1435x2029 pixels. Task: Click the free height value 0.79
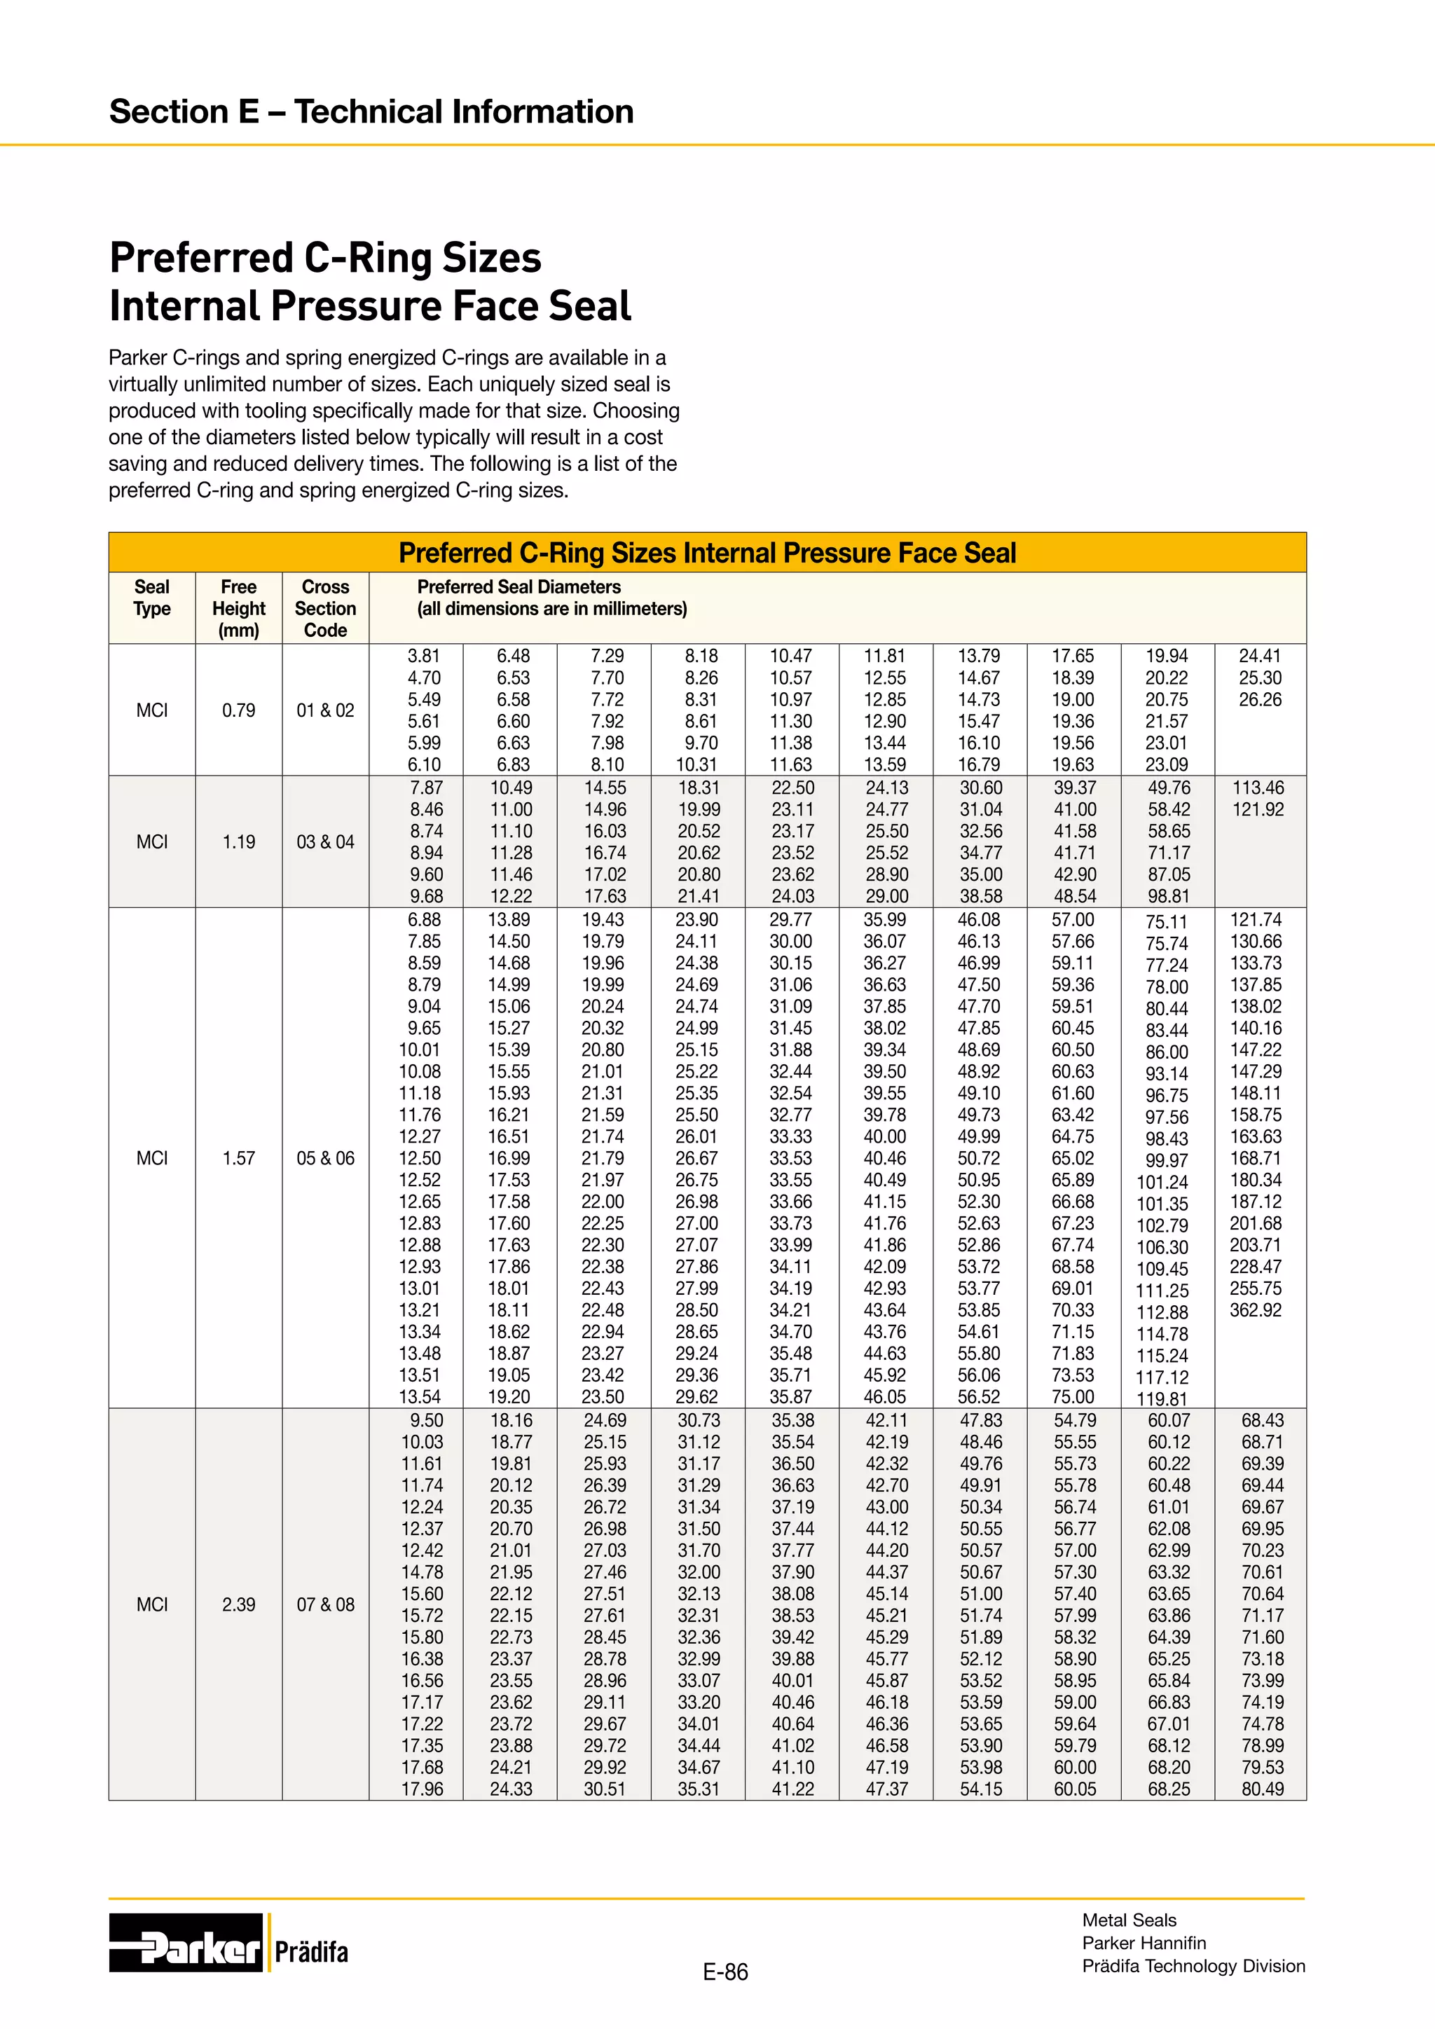point(238,710)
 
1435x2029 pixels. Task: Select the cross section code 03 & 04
point(325,842)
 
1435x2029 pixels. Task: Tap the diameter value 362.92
point(1256,1311)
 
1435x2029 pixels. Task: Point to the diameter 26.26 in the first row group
point(1260,700)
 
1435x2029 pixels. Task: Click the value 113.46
point(1258,788)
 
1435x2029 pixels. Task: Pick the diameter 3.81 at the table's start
point(423,656)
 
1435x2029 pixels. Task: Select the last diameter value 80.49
point(1263,1789)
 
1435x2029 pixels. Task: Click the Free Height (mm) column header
point(238,609)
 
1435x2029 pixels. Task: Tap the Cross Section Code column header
point(325,609)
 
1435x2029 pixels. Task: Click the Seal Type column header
point(152,598)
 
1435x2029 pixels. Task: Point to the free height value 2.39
point(238,1605)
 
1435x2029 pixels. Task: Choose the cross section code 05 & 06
point(325,1159)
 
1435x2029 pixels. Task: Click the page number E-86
point(725,1972)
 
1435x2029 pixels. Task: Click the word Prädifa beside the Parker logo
point(311,1952)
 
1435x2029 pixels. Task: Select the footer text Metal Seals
point(1130,1920)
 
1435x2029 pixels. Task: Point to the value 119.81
point(1163,1400)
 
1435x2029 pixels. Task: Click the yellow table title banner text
point(707,553)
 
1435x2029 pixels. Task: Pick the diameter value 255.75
point(1256,1289)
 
